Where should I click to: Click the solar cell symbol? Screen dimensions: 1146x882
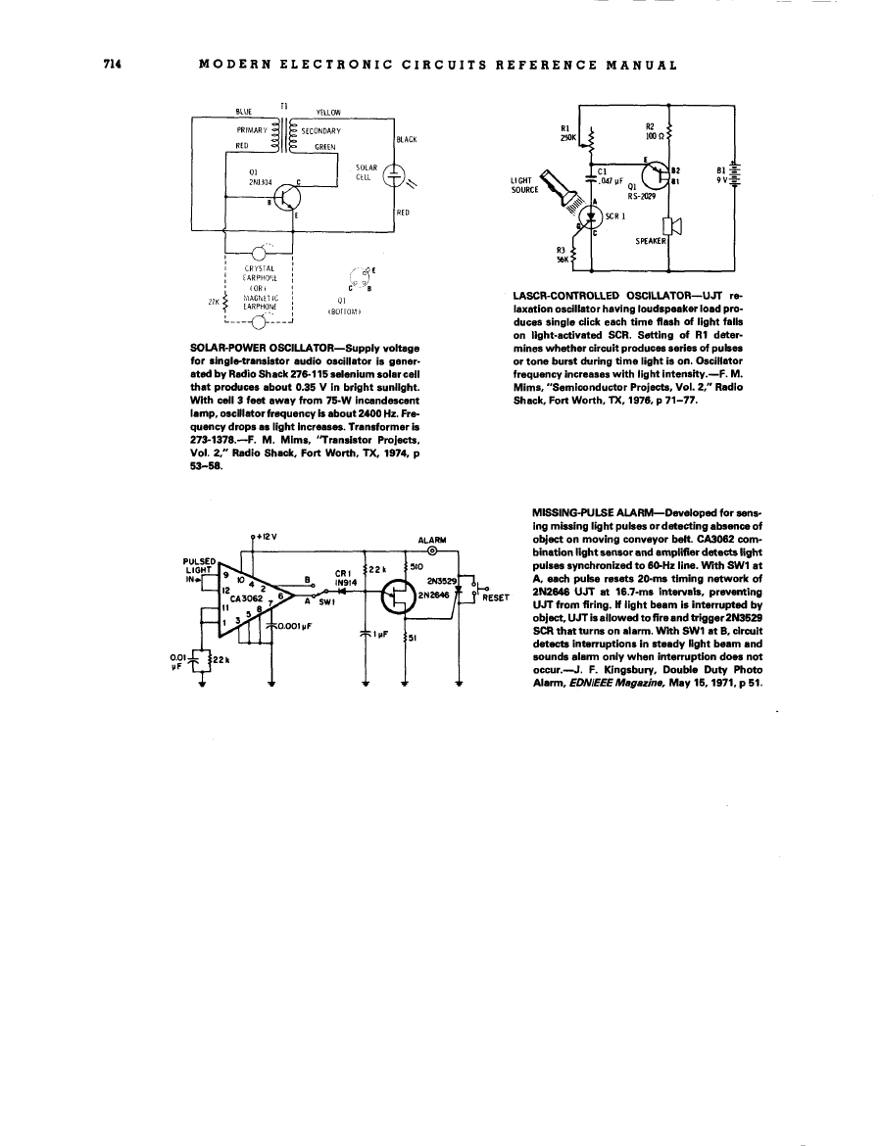(394, 176)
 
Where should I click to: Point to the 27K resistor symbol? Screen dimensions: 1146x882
(227, 302)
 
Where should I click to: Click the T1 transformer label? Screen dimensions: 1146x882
(283, 105)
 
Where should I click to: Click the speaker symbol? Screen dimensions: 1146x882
(674, 223)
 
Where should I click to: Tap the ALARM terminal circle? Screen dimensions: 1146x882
(432, 550)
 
